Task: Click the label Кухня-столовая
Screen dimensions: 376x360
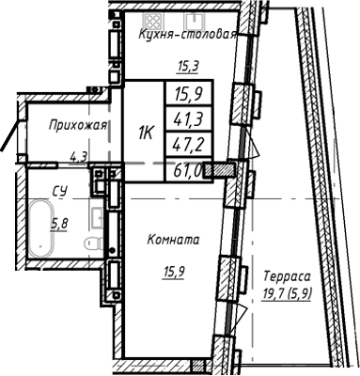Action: pyautogui.click(x=186, y=35)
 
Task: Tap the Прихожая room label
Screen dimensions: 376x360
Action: pyautogui.click(x=69, y=124)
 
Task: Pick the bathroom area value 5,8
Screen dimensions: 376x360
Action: pyautogui.click(x=58, y=224)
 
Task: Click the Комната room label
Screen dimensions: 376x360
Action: pyautogui.click(x=172, y=241)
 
